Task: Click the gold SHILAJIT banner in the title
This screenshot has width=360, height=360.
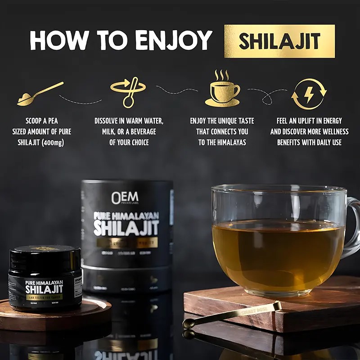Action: click(279, 41)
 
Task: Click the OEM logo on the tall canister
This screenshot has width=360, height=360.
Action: click(125, 197)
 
